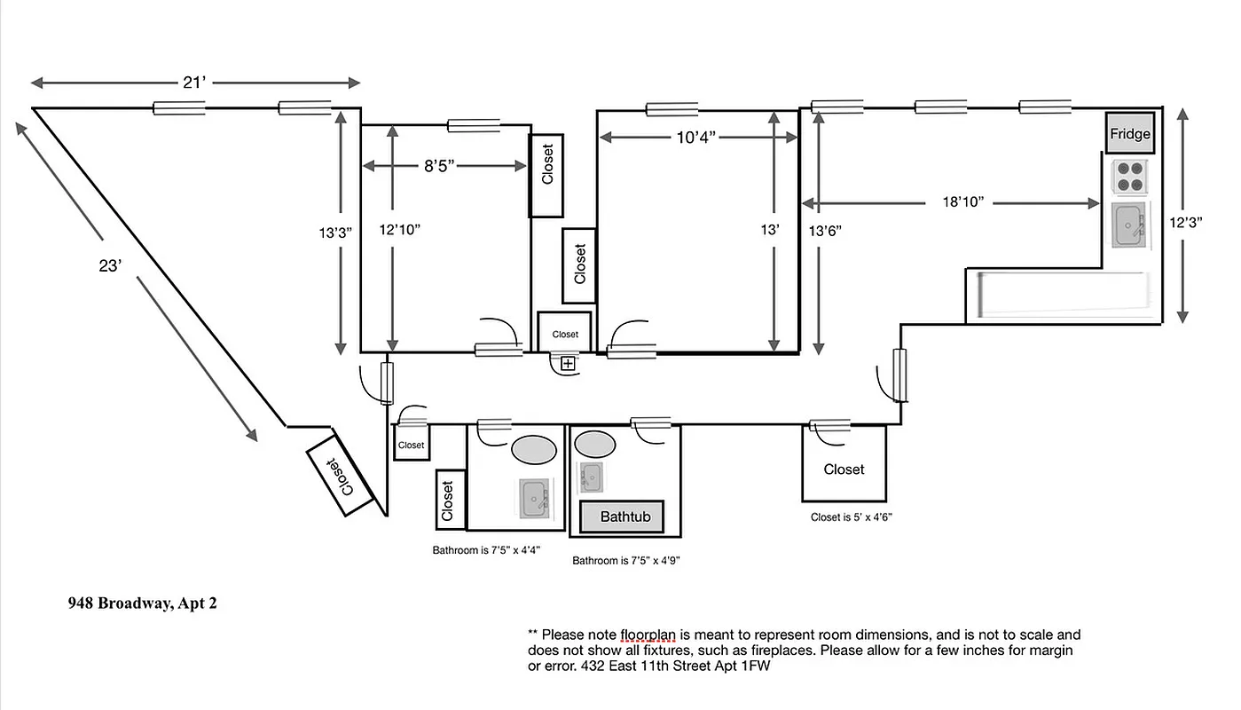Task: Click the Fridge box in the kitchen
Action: (x=1129, y=133)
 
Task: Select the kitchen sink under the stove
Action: (x=1129, y=225)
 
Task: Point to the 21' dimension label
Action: (x=194, y=83)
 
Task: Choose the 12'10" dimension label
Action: (x=399, y=229)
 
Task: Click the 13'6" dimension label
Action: (x=824, y=231)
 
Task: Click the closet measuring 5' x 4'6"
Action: (x=844, y=469)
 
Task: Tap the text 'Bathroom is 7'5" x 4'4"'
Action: (x=486, y=550)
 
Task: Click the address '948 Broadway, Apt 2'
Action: (x=142, y=603)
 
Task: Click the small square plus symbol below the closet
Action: (x=568, y=363)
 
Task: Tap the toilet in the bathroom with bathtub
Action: (x=595, y=443)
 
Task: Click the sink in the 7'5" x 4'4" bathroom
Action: (x=534, y=498)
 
